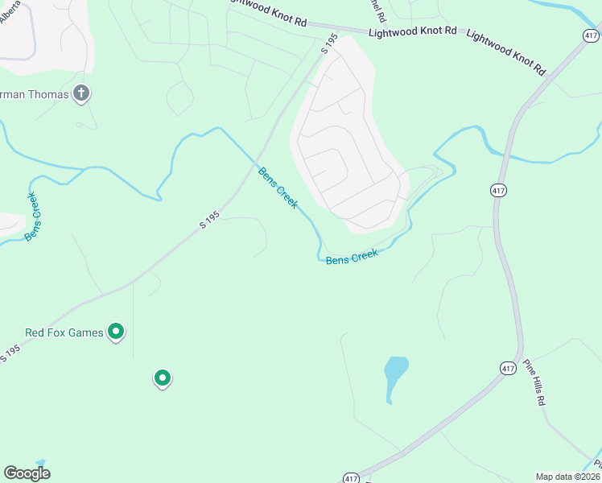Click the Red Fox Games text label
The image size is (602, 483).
64,332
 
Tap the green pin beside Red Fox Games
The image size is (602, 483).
116,331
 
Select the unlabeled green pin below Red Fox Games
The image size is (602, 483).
163,378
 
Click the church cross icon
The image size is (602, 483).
80,93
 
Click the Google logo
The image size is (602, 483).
27,473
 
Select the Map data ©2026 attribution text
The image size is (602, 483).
567,477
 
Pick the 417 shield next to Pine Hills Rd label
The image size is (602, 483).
507,368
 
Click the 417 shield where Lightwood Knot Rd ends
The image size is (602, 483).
592,35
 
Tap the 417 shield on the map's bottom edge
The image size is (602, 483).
351,477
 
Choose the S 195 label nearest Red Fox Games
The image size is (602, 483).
10,353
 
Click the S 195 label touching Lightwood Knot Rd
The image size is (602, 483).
328,44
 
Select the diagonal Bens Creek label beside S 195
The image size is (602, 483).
278,187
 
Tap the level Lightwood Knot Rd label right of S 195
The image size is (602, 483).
413,32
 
